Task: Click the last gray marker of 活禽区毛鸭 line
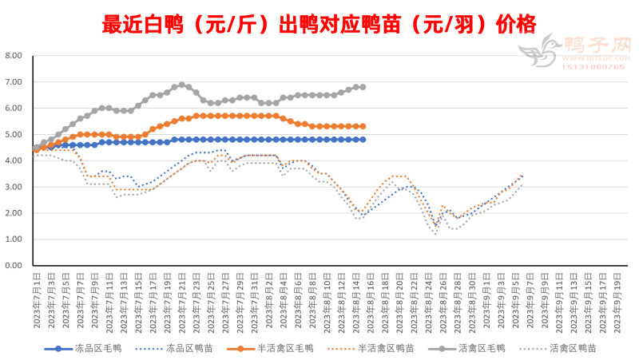point(363,87)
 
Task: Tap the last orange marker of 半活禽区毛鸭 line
point(363,126)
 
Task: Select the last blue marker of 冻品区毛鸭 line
point(363,139)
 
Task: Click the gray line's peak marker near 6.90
point(182,85)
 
